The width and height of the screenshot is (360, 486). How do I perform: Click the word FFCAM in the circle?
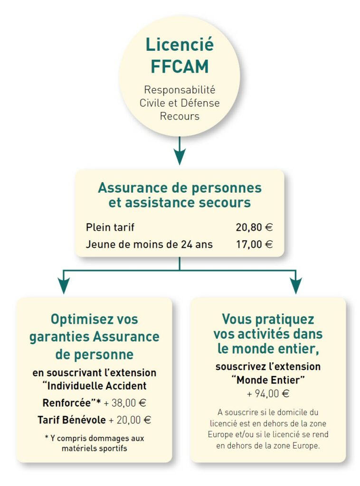pyautogui.click(x=180, y=66)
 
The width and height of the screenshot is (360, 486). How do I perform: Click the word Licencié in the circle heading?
pyautogui.click(x=180, y=44)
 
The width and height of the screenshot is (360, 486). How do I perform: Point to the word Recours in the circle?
pyautogui.click(x=180, y=116)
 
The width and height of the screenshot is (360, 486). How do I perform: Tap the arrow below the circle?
pyautogui.click(x=180, y=150)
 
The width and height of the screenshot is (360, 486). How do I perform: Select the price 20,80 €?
pyautogui.click(x=254, y=227)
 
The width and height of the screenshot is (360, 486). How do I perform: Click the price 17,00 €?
pyautogui.click(x=254, y=244)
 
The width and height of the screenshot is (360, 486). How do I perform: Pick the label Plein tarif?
pyautogui.click(x=110, y=227)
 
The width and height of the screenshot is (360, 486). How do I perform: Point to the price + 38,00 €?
pyautogui.click(x=124, y=403)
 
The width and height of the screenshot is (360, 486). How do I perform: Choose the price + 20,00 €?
pyautogui.click(x=130, y=420)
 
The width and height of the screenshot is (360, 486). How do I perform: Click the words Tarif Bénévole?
pyautogui.click(x=72, y=420)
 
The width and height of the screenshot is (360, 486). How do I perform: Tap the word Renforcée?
pyautogui.click(x=66, y=403)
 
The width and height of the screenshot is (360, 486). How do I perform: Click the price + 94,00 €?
pyautogui.click(x=268, y=393)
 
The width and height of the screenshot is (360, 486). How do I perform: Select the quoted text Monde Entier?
pyautogui.click(x=268, y=380)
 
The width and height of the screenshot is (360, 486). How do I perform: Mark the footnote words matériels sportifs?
pyautogui.click(x=94, y=448)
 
